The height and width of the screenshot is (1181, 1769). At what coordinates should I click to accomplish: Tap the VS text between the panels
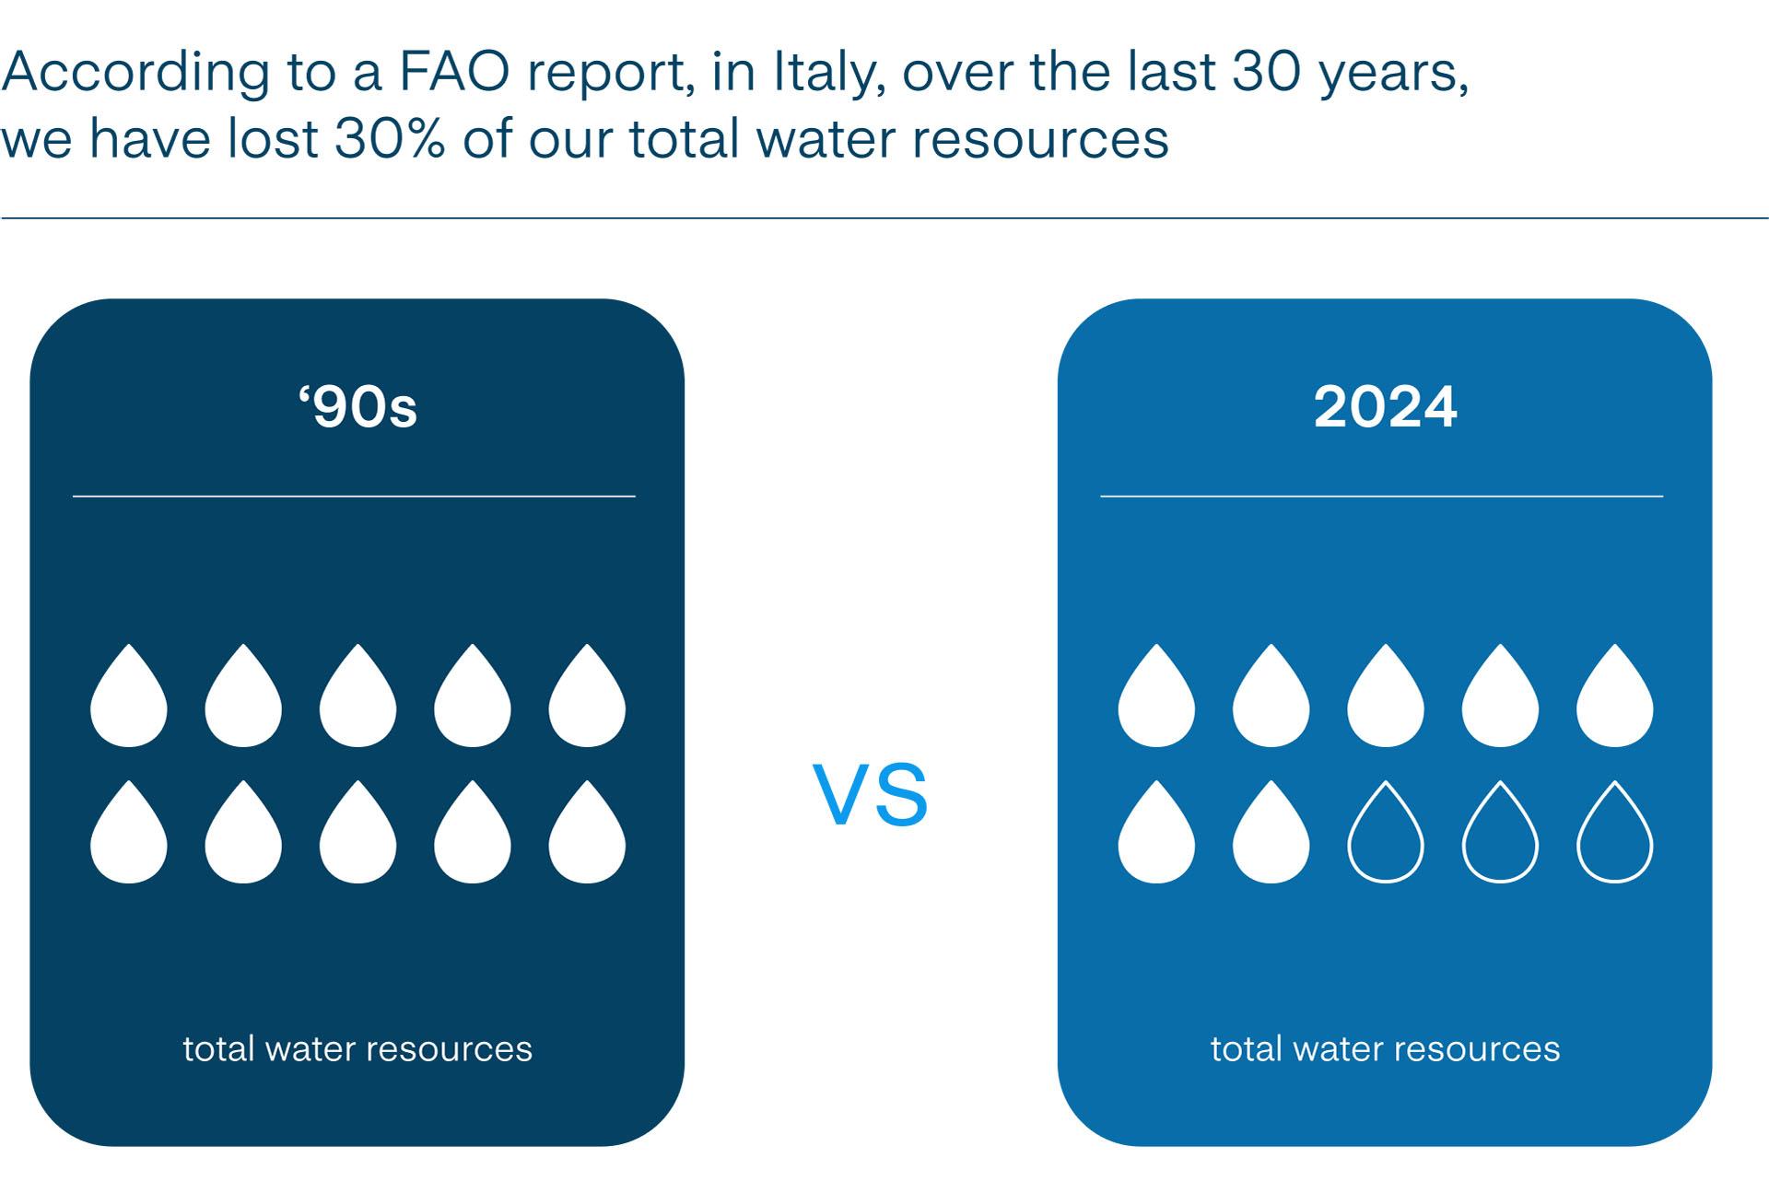[x=871, y=796]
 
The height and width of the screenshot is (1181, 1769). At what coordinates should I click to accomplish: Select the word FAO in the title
[x=454, y=72]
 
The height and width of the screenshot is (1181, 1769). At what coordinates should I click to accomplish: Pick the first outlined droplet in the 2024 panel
[x=1385, y=834]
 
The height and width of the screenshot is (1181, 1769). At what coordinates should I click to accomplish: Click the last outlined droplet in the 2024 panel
[x=1614, y=834]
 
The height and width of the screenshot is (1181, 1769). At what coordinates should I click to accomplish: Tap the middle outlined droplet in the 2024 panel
[x=1500, y=834]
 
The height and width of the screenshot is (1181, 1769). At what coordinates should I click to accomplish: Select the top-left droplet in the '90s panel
[x=129, y=698]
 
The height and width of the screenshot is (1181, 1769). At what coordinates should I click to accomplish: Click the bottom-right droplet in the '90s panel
[x=587, y=835]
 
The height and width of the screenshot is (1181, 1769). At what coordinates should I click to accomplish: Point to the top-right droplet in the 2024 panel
[x=1614, y=698]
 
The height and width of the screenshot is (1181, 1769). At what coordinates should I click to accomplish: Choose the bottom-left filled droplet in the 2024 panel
[x=1156, y=835]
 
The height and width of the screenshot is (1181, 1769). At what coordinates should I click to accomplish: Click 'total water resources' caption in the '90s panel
[x=357, y=1048]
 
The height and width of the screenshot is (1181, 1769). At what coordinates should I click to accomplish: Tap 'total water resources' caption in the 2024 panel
[x=1385, y=1048]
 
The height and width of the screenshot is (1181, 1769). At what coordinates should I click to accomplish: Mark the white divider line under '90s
[x=354, y=497]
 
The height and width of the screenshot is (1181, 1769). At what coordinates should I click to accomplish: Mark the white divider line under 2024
[x=1381, y=497]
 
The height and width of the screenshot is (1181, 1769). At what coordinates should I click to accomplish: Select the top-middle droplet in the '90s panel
[x=357, y=698]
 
